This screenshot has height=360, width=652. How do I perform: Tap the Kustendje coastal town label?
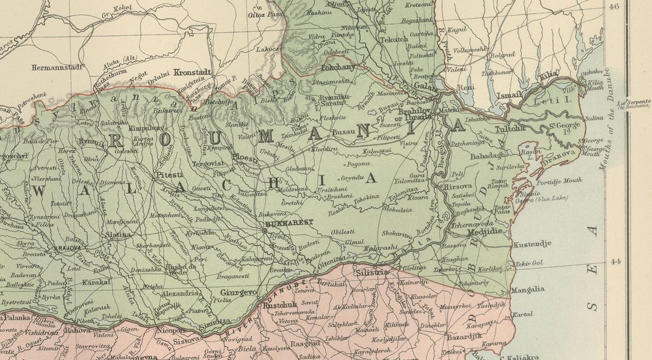point(533,244)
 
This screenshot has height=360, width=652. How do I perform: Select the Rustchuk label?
point(282,305)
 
